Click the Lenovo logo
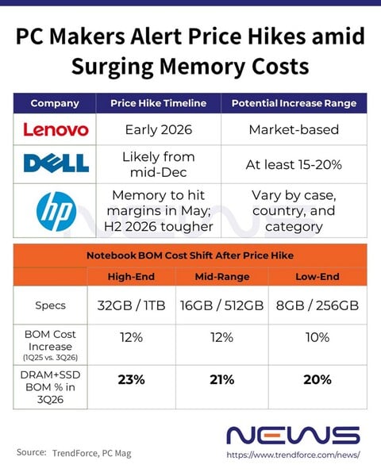click(x=55, y=129)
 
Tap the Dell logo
click(x=55, y=163)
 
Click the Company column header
click(x=54, y=104)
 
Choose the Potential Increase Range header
click(x=293, y=104)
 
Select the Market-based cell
click(x=293, y=129)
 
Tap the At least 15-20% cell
click(x=293, y=163)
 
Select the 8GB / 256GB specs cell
click(x=317, y=305)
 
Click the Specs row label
click(x=50, y=305)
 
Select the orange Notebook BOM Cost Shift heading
click(x=190, y=255)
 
